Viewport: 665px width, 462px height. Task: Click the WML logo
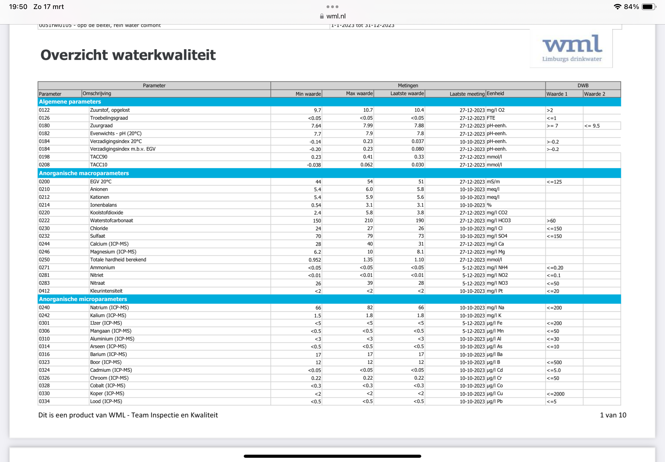[x=571, y=48]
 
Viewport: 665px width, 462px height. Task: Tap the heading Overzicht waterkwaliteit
[x=128, y=55]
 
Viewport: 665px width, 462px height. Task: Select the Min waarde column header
[x=308, y=94]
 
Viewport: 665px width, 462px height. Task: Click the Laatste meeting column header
[x=467, y=94]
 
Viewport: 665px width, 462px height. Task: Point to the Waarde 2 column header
[x=594, y=94]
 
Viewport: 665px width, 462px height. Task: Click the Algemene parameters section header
[x=70, y=102]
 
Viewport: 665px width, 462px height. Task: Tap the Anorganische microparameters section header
[x=83, y=299]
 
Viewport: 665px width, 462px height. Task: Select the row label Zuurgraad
[x=101, y=126]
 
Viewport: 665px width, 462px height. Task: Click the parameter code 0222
[x=44, y=221]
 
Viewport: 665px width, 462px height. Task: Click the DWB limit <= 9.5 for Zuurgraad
[x=592, y=126]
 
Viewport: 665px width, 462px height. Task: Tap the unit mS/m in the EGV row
[x=493, y=182]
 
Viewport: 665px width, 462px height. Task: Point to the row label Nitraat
[x=97, y=283]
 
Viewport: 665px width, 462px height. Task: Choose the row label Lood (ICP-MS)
[x=106, y=401]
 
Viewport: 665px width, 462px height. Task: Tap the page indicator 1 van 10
[x=613, y=415]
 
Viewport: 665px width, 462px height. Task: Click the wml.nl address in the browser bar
[x=336, y=16]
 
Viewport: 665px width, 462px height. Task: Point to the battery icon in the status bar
[x=648, y=7]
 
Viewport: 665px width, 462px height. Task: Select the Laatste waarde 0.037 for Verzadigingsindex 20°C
[x=418, y=141]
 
